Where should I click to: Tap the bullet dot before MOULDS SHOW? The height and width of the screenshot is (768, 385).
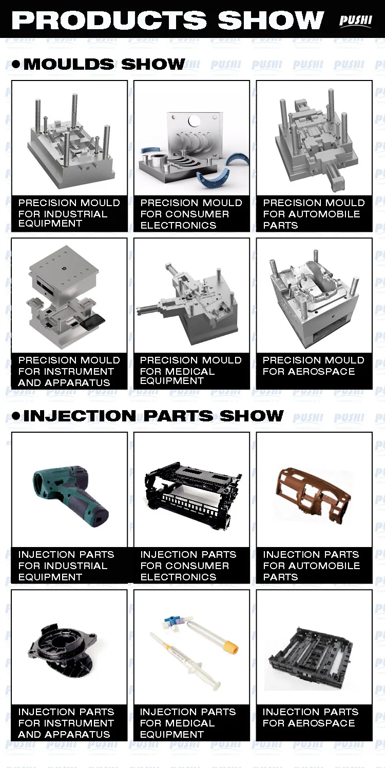pyautogui.click(x=16, y=64)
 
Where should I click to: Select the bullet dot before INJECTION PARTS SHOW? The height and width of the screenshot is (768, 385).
pyautogui.click(x=16, y=416)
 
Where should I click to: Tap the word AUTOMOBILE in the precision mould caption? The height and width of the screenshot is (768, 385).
pyautogui.click(x=324, y=214)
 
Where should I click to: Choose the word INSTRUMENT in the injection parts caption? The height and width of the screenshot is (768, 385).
pyautogui.click(x=79, y=723)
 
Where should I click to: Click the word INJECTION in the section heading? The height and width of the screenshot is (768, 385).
pyautogui.click(x=80, y=416)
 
